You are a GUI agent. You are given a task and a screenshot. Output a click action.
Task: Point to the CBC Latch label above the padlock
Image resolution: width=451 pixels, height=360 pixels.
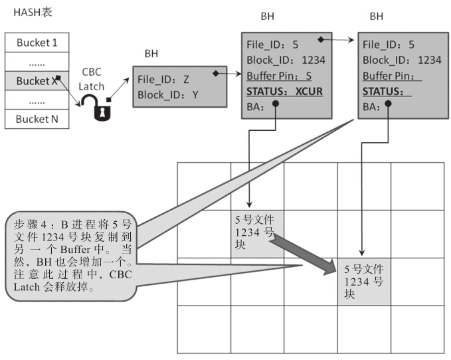(91, 78)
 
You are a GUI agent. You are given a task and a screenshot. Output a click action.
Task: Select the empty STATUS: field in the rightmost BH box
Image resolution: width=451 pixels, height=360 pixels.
(387, 90)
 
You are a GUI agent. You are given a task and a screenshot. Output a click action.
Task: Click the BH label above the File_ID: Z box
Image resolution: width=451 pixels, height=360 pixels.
(151, 53)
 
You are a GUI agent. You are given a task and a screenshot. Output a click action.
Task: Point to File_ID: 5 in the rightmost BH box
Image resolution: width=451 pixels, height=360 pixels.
(389, 45)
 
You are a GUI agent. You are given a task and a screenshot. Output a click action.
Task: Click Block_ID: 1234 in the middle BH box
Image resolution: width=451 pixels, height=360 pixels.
(285, 60)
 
